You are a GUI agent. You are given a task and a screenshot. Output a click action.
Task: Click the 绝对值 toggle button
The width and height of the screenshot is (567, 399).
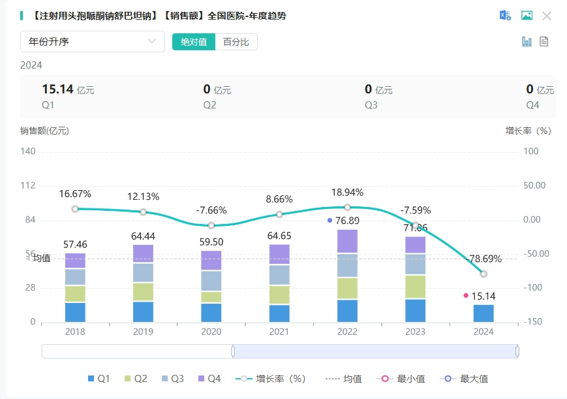[194, 42]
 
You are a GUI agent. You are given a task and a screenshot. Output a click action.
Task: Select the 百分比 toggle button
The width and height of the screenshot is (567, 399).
[236, 42]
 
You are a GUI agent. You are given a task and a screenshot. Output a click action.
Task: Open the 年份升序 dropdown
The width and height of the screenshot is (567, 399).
[92, 42]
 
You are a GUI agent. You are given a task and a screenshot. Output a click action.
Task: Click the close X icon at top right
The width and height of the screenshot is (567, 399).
[547, 16]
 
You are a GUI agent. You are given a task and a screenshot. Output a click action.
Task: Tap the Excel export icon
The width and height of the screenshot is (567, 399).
[505, 16]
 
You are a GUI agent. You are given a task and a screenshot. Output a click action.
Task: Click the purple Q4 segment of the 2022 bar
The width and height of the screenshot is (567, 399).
[347, 241]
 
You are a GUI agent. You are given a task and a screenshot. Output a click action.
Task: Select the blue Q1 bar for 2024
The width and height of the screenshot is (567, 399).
[483, 313]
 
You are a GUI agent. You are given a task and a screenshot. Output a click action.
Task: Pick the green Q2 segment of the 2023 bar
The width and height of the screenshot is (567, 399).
[415, 287]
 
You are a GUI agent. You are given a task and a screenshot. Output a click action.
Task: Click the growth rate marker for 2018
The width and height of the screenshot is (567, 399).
[75, 209]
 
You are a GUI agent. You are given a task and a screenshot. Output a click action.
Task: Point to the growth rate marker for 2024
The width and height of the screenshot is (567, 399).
[483, 274]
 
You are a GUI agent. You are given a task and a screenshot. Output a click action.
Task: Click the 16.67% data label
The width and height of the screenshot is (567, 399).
[75, 194]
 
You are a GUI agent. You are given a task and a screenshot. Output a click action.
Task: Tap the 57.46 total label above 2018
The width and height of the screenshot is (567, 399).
[75, 244]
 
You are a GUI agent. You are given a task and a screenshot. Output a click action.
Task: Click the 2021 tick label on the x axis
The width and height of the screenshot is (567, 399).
[279, 332]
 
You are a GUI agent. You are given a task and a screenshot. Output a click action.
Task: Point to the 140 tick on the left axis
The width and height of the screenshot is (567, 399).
[29, 152]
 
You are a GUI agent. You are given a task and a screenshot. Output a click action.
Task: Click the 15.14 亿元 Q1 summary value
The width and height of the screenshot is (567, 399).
[68, 90]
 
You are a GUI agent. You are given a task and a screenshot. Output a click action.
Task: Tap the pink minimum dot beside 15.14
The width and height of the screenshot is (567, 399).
[466, 296]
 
